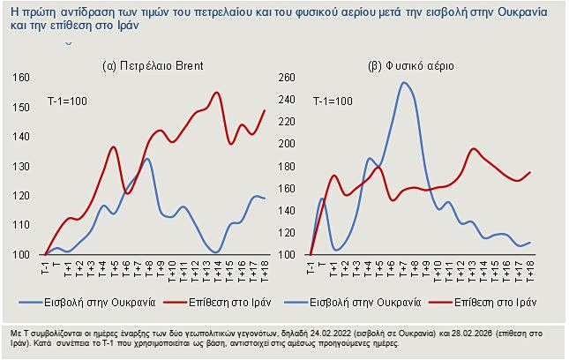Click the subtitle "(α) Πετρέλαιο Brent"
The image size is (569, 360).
pyautogui.click(x=151, y=66)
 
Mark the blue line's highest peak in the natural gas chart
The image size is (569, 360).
pyautogui.click(x=404, y=83)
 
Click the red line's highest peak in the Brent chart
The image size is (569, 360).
pyautogui.click(x=216, y=93)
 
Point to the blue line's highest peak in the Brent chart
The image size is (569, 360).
pyautogui.click(x=146, y=159)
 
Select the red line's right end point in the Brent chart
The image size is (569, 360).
pyautogui.click(x=266, y=110)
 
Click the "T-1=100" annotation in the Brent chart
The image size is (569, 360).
pyautogui.click(x=67, y=103)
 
